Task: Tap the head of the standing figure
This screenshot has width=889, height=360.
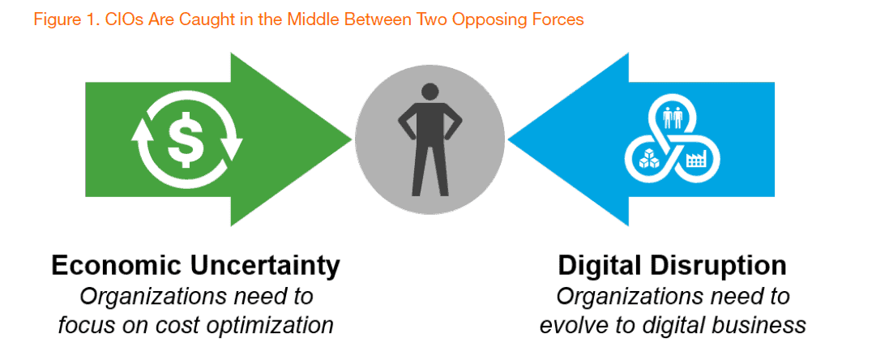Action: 430,92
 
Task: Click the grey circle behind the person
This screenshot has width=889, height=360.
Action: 430,140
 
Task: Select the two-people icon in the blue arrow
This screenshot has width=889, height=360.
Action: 673,118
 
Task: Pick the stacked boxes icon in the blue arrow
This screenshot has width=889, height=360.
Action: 648,158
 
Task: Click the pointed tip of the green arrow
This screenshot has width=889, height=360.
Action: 352,139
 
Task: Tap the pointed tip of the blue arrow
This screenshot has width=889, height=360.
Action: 509,139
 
